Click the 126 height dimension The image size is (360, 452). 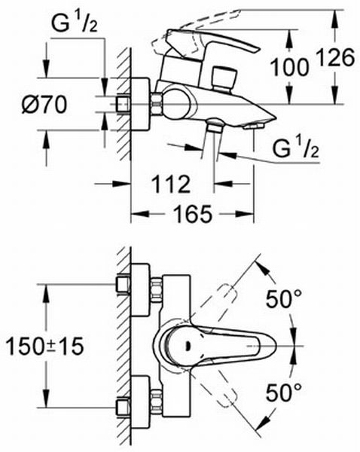335,57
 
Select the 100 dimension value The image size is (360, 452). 289,67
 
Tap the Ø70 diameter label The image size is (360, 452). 44,105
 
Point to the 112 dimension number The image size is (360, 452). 171,184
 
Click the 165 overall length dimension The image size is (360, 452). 192,214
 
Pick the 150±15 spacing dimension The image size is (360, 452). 44,347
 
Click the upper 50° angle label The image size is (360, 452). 284,298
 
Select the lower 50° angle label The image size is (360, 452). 284,392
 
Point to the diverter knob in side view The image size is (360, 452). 224,78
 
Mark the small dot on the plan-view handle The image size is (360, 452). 188,345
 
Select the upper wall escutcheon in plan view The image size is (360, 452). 140,289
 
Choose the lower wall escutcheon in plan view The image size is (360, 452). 140,402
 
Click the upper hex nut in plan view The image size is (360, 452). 157,289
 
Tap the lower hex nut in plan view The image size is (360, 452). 157,402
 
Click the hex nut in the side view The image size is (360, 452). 157,104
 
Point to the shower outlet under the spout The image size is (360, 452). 215,125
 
